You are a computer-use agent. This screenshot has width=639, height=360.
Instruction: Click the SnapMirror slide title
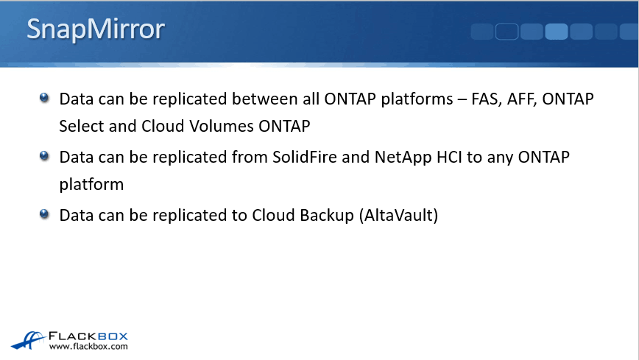point(96,29)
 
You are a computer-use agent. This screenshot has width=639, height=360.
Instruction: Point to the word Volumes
point(222,126)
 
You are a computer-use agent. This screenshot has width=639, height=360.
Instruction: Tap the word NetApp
point(403,158)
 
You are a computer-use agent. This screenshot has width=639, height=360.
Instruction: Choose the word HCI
point(449,157)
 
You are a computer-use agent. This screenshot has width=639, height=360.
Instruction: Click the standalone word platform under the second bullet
point(91,185)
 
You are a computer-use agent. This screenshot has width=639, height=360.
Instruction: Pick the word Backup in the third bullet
point(327,216)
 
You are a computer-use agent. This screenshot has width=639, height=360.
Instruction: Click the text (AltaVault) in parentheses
point(398,216)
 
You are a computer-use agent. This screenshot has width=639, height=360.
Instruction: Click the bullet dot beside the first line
point(44,98)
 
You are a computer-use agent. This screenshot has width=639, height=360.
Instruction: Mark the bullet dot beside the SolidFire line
point(44,156)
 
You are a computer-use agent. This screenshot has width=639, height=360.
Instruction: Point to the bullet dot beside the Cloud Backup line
point(44,214)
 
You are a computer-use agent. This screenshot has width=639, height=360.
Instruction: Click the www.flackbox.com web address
point(88,347)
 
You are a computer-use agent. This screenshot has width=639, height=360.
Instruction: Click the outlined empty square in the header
point(506,32)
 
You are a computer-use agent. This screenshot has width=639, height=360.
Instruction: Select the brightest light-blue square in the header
point(557,32)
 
